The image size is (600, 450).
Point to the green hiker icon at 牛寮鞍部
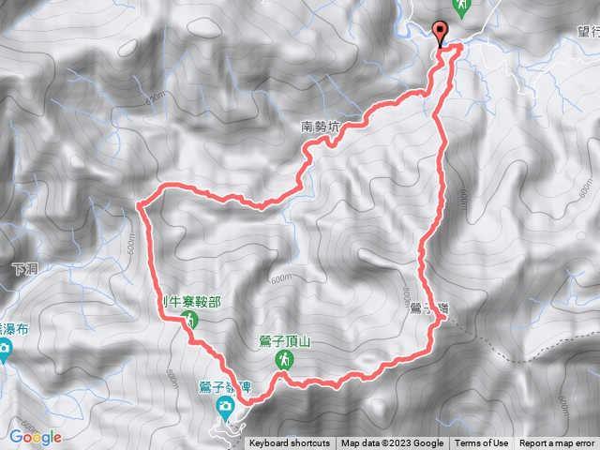pos(190,321)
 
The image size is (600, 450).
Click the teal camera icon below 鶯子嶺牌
pos(225,406)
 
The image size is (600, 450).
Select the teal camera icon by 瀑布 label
pos(3,352)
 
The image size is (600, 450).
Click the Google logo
pos(36,437)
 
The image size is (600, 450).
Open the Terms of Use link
pos(482,443)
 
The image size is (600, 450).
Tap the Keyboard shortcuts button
pos(290,443)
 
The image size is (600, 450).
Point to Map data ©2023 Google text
pos(392,443)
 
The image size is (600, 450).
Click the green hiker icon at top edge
pos(460,6)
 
